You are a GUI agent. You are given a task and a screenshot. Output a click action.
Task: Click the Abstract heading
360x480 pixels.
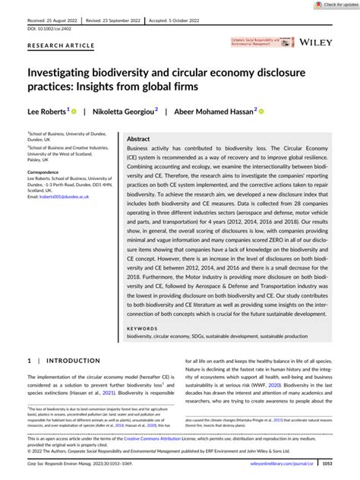pos(138,139)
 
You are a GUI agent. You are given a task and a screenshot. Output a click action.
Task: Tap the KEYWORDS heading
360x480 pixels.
pos(142,350)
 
